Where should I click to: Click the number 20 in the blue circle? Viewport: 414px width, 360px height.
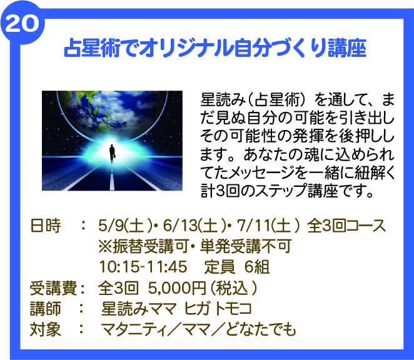coord(22,24)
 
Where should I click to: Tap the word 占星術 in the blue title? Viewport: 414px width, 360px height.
coord(92,48)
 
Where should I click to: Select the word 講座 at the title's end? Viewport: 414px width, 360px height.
coord(347,48)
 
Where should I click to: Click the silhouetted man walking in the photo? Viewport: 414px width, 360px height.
coord(112,153)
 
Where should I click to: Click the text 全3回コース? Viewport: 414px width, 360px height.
coord(346,226)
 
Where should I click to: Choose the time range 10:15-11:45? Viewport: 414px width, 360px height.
coord(143,267)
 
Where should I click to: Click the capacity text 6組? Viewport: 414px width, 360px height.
coord(257,267)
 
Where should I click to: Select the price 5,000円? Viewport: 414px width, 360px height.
coord(177,288)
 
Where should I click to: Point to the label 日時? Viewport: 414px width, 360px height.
coord(46,226)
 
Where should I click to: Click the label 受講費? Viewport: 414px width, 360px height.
coord(53,288)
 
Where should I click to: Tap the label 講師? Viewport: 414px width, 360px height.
coord(46,309)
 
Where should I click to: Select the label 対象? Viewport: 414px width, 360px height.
coord(46,329)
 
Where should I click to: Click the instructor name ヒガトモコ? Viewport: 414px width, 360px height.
coord(218,309)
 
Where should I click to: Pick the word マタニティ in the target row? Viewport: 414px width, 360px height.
coord(134,329)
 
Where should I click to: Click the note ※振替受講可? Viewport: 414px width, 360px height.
coord(143,246)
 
